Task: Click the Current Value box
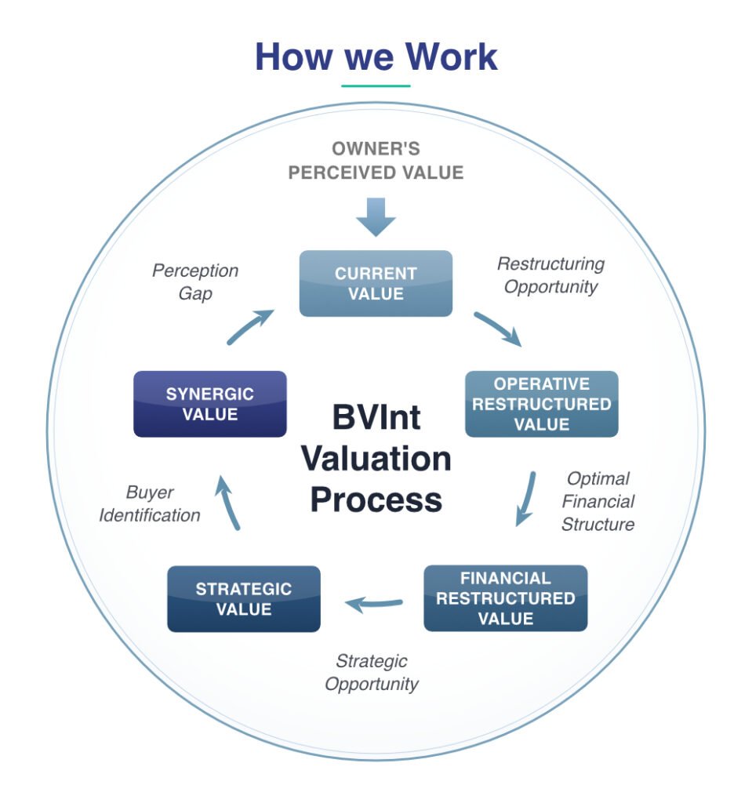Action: pos(376,283)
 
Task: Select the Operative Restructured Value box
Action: pos(542,404)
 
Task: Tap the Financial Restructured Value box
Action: pos(506,598)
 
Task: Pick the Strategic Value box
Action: pos(244,598)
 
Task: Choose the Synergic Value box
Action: pos(210,404)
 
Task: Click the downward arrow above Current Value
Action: pos(376,217)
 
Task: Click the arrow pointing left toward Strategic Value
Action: pos(374,605)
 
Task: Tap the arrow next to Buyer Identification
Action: pos(228,503)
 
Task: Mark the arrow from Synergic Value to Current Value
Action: pos(249,326)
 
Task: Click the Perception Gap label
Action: pos(195,282)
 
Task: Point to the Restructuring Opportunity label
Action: pos(550,275)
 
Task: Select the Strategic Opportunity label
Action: pos(372,672)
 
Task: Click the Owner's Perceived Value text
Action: pos(376,161)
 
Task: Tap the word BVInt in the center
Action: pos(376,417)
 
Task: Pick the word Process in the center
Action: pos(376,500)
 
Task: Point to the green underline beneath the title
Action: pos(376,85)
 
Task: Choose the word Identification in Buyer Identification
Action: pos(150,515)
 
